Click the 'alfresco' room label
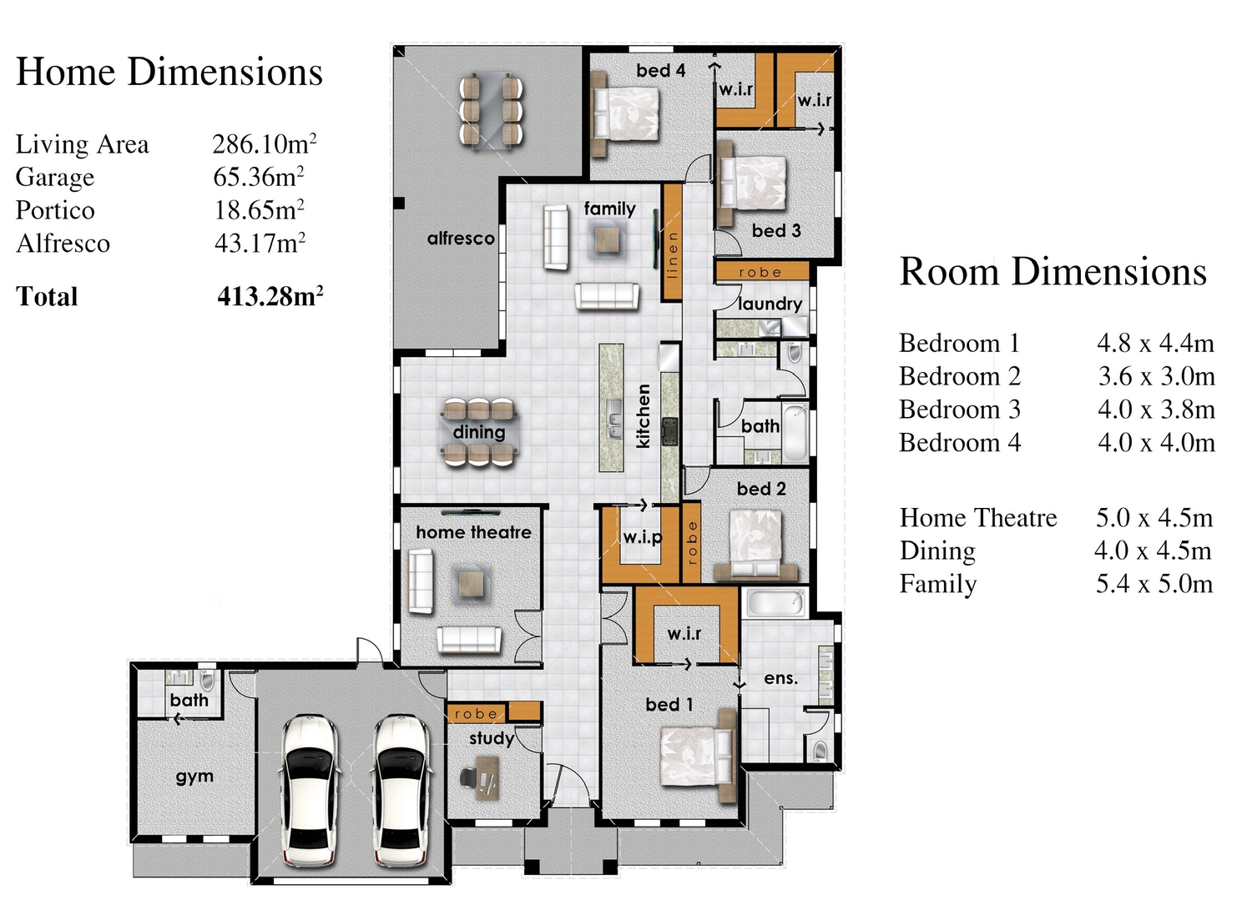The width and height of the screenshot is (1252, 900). tap(461, 239)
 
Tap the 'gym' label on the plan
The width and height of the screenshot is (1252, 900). tap(194, 777)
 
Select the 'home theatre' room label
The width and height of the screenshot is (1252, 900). tap(473, 532)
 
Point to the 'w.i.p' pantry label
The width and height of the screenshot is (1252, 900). tap(643, 537)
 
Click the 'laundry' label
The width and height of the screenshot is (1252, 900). tap(770, 304)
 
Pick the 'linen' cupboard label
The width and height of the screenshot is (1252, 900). tap(673, 254)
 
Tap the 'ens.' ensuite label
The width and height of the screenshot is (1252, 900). tap(780, 678)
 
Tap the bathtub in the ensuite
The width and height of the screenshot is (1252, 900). tap(776, 602)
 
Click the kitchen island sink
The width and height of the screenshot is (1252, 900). tap(613, 418)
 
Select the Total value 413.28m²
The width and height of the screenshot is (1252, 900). tap(270, 296)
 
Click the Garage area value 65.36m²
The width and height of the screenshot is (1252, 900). tap(258, 177)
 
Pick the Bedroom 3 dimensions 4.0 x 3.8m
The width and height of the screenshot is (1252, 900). tap(1156, 410)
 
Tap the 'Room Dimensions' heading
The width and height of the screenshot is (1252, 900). tap(1053, 272)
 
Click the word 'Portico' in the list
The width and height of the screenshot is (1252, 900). tap(55, 210)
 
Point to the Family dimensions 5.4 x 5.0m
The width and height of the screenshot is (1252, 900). tap(1154, 584)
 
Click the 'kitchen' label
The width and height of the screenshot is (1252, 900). tap(644, 415)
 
